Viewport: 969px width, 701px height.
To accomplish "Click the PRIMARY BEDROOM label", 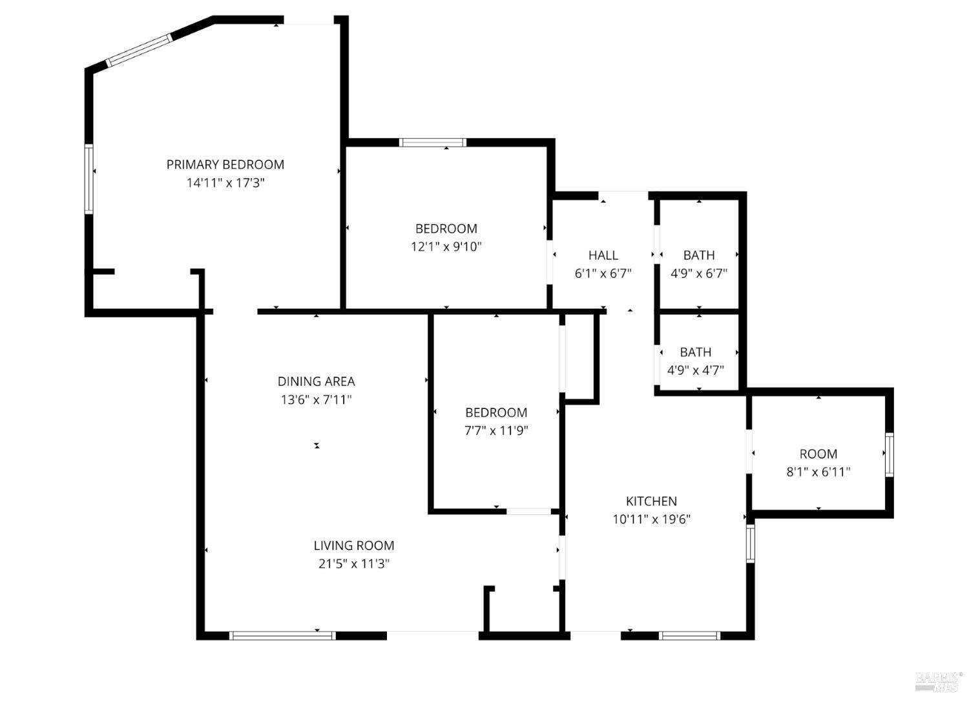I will click(x=225, y=165).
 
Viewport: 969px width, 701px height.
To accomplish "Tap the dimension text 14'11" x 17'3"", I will click(x=225, y=183).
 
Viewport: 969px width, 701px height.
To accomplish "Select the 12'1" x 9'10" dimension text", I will click(x=446, y=246).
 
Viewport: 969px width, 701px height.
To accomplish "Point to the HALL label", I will click(x=603, y=255).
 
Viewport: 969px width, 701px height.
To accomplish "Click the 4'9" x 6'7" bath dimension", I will click(x=699, y=273).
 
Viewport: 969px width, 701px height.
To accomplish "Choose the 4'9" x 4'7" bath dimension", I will click(x=695, y=370).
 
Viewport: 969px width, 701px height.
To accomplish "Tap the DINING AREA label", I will click(x=316, y=381).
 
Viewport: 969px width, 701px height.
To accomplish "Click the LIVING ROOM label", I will click(x=354, y=545).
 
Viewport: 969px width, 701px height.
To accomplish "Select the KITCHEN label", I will click(x=651, y=501).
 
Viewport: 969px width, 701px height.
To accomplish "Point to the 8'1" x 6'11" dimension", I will click(x=818, y=472).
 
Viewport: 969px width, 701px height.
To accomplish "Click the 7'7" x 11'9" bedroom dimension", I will click(x=496, y=430).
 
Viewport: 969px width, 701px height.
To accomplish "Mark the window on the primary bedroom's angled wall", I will click(x=140, y=50).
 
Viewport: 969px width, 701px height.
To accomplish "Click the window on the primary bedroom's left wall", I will click(x=89, y=179).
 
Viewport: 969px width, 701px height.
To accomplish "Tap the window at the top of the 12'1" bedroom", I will click(x=432, y=143).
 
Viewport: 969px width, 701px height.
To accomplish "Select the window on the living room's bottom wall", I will click(x=283, y=636).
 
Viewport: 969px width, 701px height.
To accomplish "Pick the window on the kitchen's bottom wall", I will click(x=689, y=636).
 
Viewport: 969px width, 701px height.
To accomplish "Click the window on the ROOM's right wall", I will click(x=889, y=455).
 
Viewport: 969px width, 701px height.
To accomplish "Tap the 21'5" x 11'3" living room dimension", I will click(x=354, y=563).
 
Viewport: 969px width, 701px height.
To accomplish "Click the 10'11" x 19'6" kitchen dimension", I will click(x=651, y=519).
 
